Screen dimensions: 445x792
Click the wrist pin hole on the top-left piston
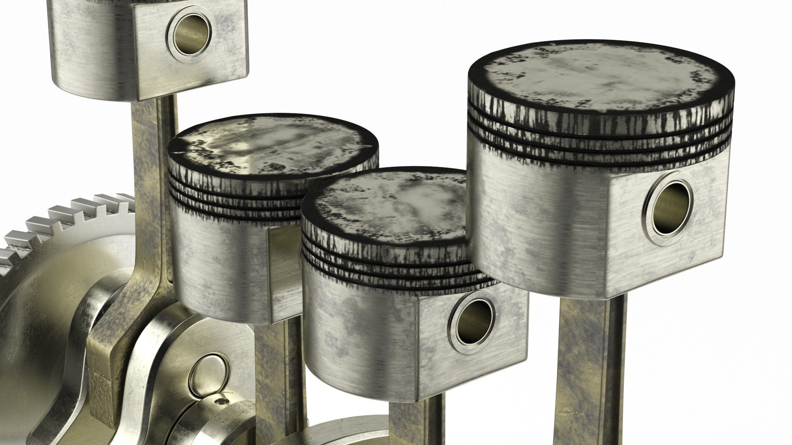[x=192, y=31]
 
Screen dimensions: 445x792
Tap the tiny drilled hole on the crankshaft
[x=223, y=401]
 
